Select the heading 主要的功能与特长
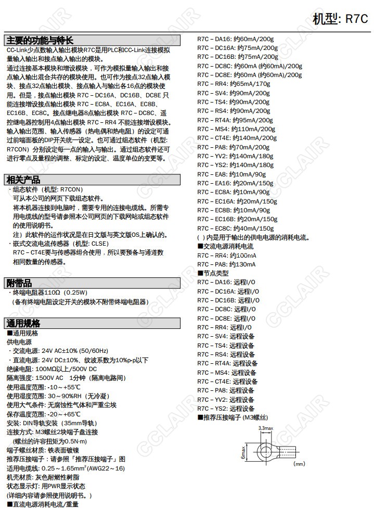coord(40,41)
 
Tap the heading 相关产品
coord(23,180)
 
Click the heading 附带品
coord(19,283)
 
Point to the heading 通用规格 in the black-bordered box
coord(23,323)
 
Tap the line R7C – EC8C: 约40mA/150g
coord(235,228)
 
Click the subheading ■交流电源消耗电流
coord(225,246)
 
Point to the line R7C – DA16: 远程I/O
coord(226,282)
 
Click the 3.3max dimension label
coord(266,428)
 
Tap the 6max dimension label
coord(243,451)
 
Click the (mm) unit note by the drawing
coord(299,463)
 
